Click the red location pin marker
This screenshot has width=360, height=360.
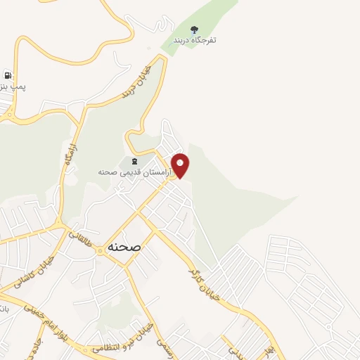(x=181, y=165)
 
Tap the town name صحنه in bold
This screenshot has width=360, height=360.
(x=124, y=247)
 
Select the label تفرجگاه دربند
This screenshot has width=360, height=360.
(x=195, y=40)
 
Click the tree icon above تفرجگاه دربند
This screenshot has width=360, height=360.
(x=195, y=29)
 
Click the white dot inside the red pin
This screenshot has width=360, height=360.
(x=181, y=162)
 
